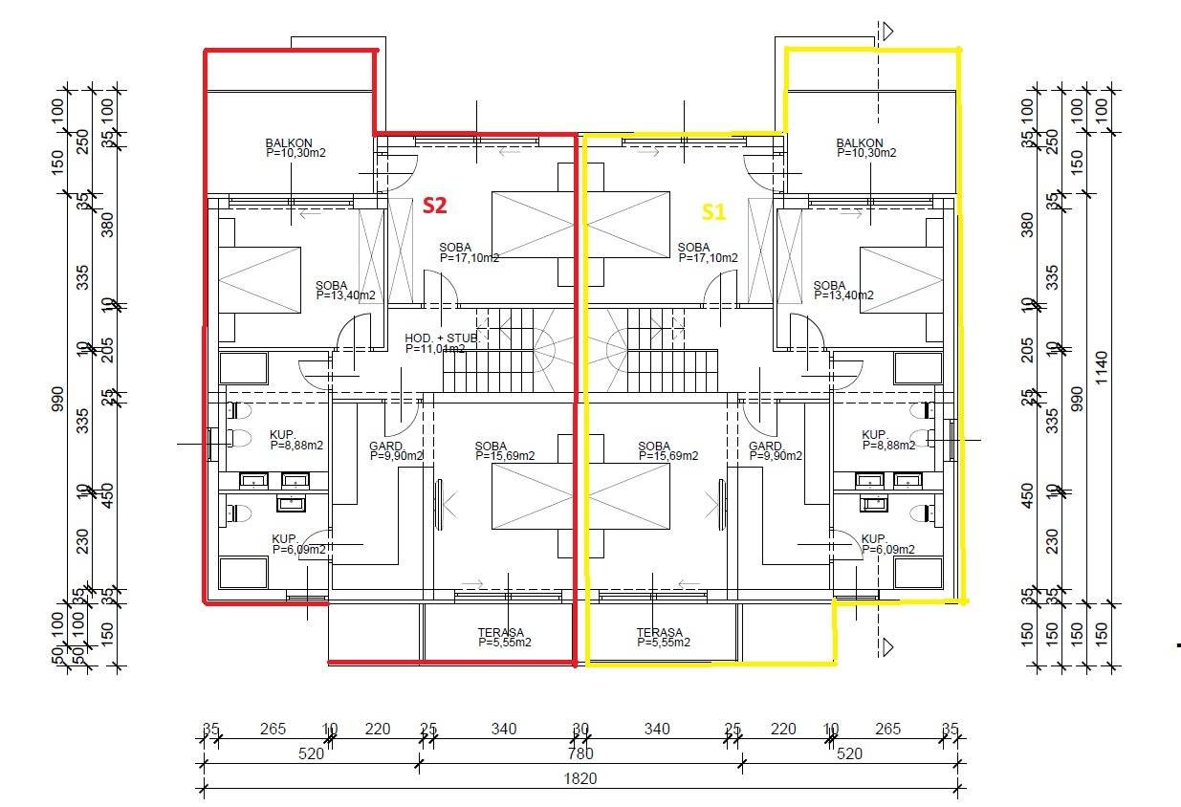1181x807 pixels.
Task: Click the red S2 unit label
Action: point(434,205)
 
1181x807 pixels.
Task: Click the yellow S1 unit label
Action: point(714,212)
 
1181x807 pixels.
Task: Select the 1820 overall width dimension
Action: point(580,778)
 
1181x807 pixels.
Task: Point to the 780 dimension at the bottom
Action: point(580,753)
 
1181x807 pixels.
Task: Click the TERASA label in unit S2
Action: point(504,637)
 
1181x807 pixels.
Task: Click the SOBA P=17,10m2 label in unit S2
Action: point(469,252)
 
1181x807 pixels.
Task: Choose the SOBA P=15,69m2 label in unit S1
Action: point(667,451)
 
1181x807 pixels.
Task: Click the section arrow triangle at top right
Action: point(887,32)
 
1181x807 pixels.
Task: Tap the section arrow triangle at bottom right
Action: point(887,647)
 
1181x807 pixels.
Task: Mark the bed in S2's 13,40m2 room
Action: point(260,278)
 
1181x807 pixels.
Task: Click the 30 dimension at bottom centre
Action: point(580,730)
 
